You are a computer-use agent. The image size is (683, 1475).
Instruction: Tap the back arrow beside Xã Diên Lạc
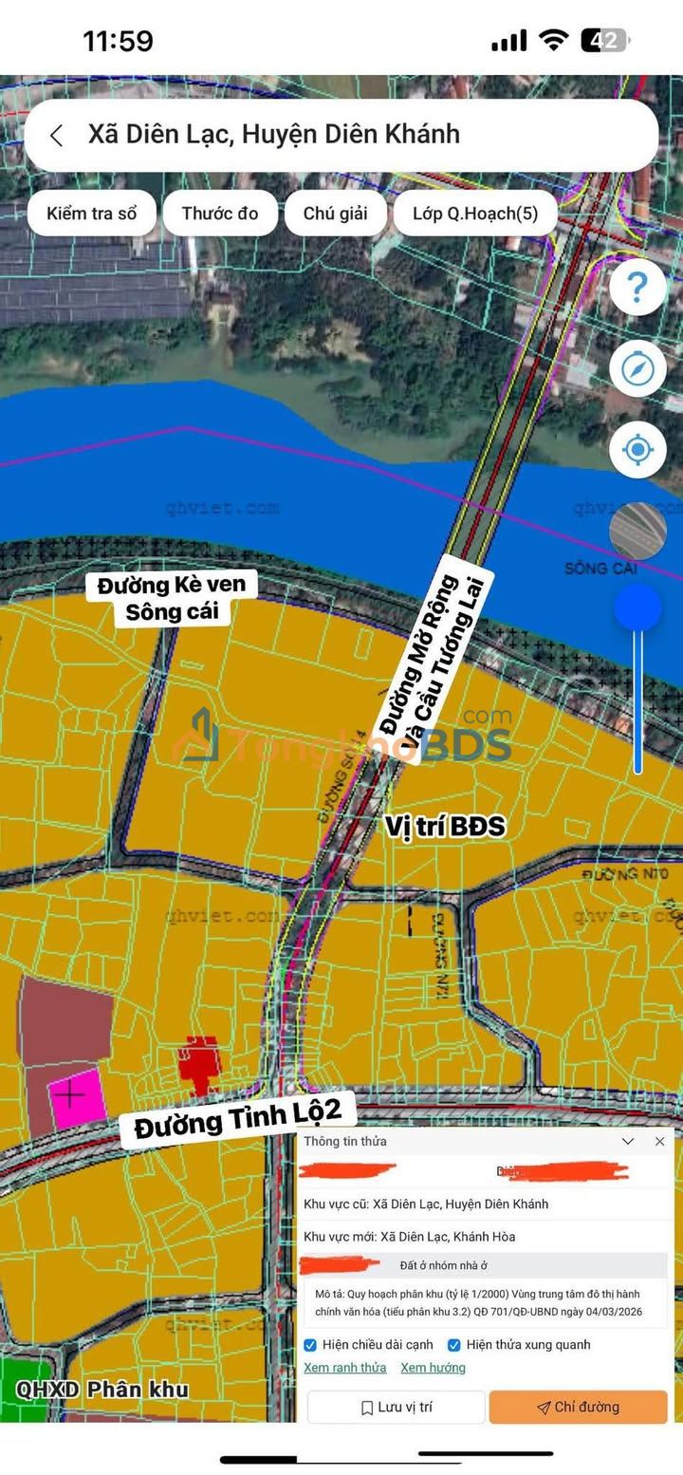click(x=57, y=136)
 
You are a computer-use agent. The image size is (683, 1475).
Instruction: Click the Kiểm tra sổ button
click(x=91, y=213)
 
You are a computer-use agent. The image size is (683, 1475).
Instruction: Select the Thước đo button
click(x=220, y=213)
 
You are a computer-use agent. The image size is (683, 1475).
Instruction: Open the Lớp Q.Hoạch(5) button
click(x=475, y=213)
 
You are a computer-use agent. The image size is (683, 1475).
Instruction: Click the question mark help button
click(x=637, y=287)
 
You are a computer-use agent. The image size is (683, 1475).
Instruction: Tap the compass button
click(x=637, y=368)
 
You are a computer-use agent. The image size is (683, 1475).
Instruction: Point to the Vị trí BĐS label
click(x=445, y=826)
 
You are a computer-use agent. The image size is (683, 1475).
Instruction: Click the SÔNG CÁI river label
click(x=600, y=569)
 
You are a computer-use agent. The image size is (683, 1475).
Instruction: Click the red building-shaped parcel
click(x=200, y=1063)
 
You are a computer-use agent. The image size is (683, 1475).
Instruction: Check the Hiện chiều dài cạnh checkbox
click(x=310, y=1345)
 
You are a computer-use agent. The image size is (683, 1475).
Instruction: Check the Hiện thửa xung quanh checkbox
click(x=454, y=1345)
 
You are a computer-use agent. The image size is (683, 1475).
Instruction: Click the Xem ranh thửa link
click(x=345, y=1368)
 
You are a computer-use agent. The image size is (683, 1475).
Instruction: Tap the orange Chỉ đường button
click(x=578, y=1407)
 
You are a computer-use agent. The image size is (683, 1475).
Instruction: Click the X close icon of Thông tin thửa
click(x=660, y=1141)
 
